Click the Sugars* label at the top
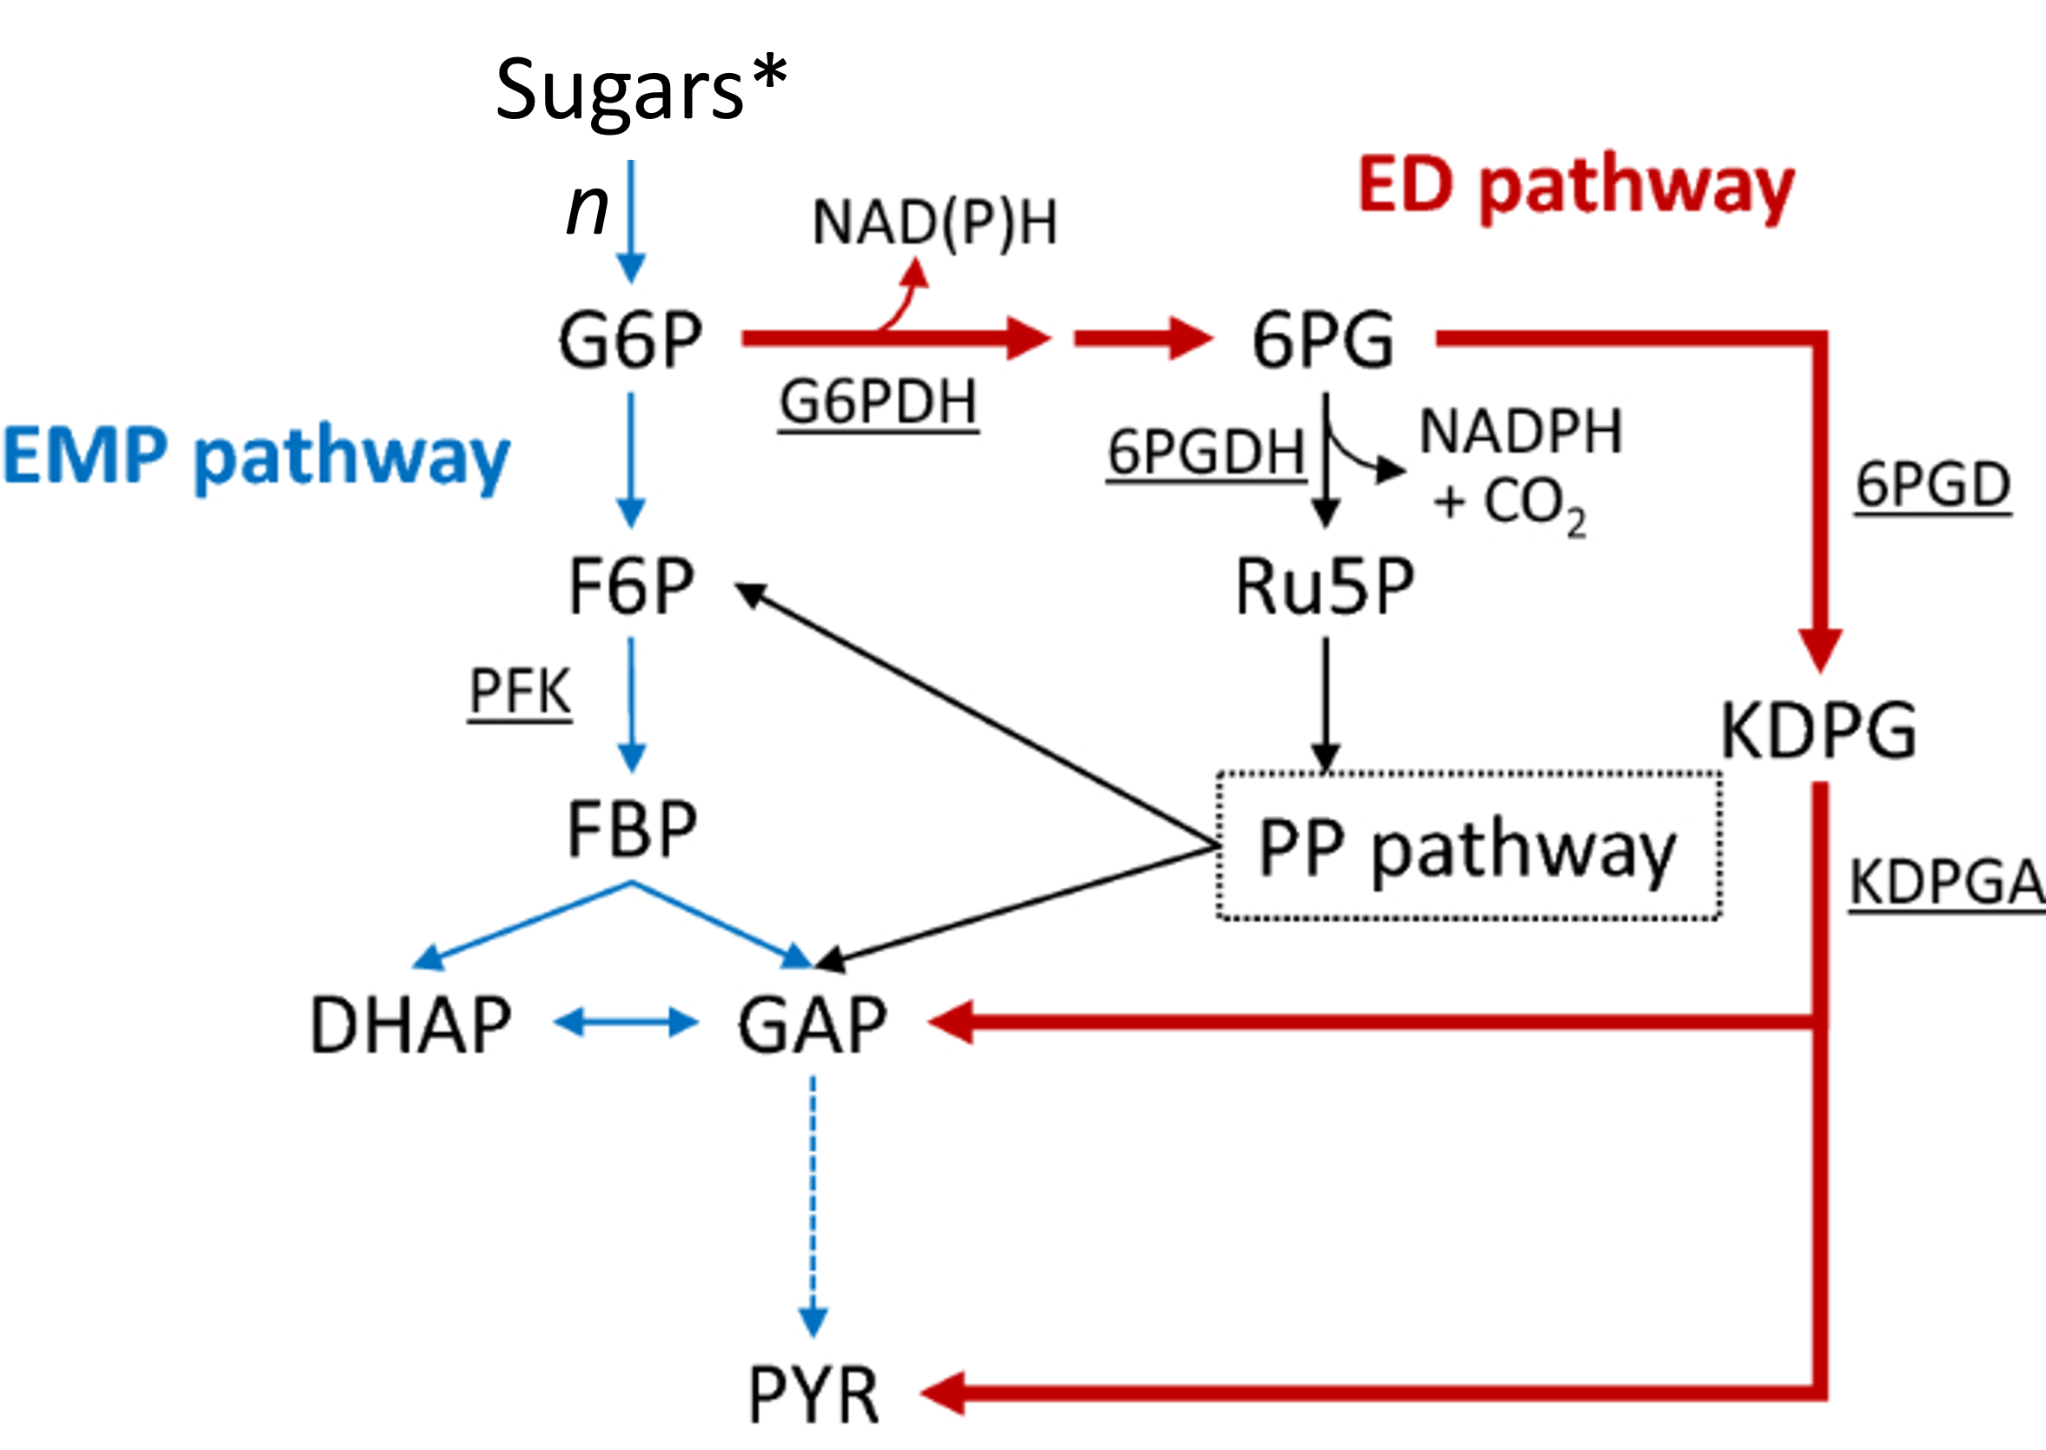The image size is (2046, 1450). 641,89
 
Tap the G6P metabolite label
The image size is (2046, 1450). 630,340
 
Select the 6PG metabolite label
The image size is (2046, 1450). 1322,340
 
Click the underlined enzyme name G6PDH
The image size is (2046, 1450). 879,402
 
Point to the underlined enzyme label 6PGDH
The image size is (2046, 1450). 1206,453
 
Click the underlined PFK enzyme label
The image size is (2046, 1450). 520,692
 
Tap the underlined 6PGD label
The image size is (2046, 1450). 1934,486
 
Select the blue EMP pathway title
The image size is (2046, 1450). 256,456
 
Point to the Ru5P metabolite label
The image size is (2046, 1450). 1325,586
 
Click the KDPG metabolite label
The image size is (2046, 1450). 1818,731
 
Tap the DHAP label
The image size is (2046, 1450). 410,1025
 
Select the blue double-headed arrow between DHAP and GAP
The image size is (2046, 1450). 625,1023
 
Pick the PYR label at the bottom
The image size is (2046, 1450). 813,1395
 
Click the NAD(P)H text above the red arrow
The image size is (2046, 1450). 934,222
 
